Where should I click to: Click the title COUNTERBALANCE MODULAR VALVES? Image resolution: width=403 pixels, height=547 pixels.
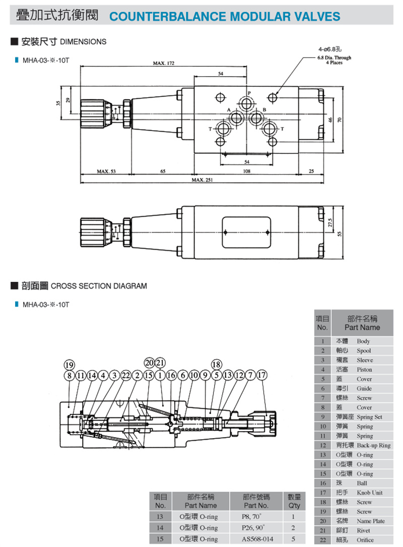point(225,17)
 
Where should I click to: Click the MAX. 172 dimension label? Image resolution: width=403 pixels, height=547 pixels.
point(163,64)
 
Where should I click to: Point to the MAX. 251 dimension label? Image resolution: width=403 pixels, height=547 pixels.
point(201,180)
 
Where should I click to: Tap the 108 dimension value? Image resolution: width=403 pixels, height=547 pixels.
point(247,171)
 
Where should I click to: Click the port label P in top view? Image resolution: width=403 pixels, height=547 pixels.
point(249,94)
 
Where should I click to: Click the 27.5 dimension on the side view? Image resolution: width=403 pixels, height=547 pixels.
point(330,222)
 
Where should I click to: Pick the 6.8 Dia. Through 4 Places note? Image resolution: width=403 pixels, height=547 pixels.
point(334,60)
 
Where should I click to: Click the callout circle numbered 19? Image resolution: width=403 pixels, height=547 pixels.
point(70,365)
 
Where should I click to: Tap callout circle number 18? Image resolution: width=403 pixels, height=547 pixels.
point(217,365)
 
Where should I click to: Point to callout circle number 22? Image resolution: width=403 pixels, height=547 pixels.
point(125,375)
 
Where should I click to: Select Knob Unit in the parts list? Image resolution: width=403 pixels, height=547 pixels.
point(370,493)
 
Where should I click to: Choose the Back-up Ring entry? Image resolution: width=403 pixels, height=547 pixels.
point(373,445)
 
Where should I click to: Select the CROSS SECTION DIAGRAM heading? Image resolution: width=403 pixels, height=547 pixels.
point(99,286)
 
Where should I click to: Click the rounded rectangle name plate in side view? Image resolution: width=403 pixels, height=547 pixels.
point(247,232)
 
